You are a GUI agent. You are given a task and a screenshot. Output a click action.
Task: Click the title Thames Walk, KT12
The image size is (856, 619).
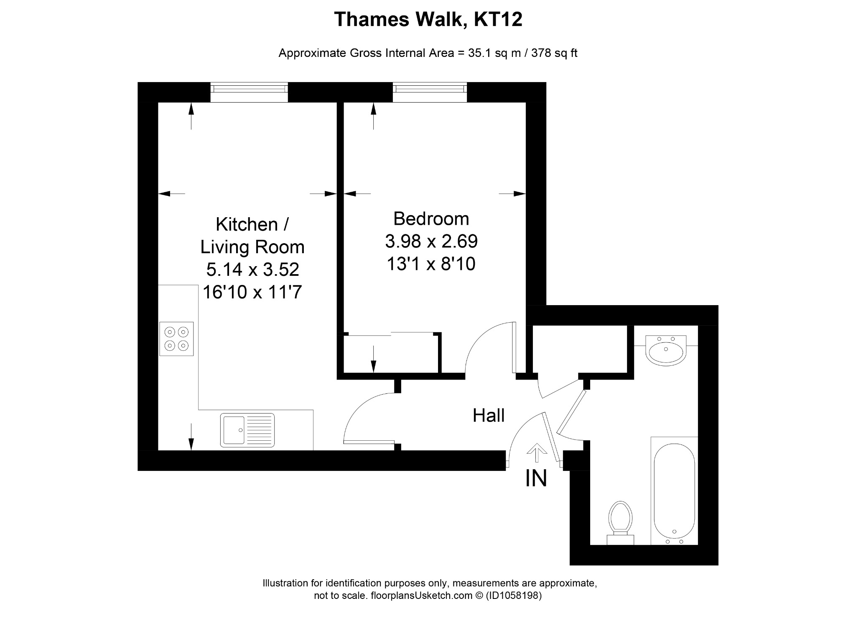(x=428, y=20)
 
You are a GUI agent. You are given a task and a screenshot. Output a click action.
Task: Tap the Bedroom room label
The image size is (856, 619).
(x=431, y=219)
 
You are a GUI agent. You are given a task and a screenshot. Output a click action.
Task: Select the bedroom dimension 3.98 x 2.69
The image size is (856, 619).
(x=431, y=241)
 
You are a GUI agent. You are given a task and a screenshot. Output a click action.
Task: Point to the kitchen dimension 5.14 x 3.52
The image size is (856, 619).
(x=252, y=270)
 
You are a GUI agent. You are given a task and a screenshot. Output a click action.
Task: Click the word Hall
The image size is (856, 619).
(x=489, y=416)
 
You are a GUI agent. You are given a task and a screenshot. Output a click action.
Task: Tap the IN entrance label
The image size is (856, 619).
(x=536, y=478)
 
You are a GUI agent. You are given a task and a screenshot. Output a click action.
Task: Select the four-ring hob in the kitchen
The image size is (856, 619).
(x=176, y=339)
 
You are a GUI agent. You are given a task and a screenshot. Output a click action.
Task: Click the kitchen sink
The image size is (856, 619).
(x=247, y=430)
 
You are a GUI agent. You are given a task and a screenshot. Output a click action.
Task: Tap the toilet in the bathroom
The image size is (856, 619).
(x=620, y=523)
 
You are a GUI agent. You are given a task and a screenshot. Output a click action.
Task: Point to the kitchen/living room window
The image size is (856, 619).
(x=249, y=92)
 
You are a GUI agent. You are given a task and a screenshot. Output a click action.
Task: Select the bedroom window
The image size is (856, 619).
(x=430, y=92)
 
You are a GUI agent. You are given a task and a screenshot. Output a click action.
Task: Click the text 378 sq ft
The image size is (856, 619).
(x=554, y=54)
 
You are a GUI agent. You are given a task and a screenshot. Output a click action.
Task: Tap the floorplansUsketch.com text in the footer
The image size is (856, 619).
(x=423, y=596)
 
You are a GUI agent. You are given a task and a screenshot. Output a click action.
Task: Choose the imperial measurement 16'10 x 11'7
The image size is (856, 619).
(x=252, y=292)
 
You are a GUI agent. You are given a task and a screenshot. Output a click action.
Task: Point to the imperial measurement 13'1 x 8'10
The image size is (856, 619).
(x=431, y=264)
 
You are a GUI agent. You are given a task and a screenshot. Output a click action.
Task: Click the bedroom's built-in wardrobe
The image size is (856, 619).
(x=391, y=354)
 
